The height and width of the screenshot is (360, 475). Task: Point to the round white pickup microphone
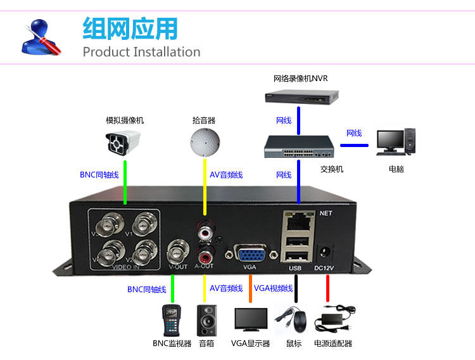(x=205, y=141)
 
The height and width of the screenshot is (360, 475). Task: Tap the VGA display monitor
(x=250, y=321)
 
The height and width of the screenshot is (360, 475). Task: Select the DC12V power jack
(x=327, y=254)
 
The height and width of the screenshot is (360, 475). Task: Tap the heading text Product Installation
(x=141, y=51)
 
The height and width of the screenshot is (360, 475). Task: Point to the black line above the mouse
(x=296, y=291)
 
